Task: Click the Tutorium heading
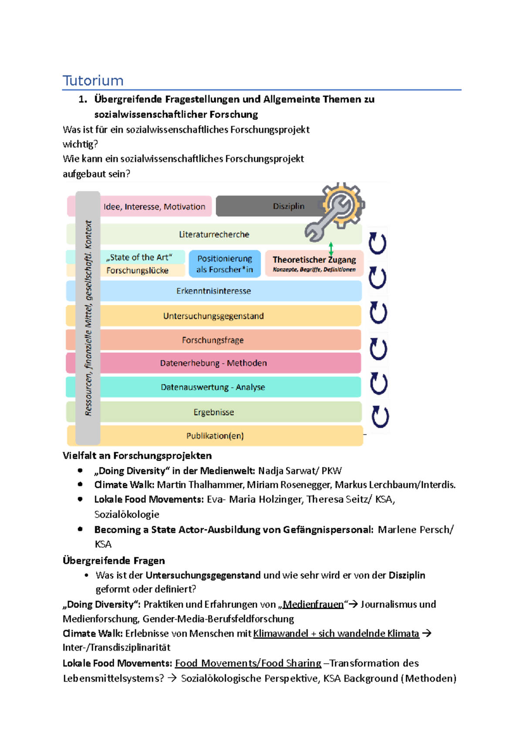(93, 81)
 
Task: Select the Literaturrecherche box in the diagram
(214, 234)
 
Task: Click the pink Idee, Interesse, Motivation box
(154, 207)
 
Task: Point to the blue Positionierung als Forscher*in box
(224, 264)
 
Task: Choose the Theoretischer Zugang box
(314, 264)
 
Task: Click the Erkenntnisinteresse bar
(214, 291)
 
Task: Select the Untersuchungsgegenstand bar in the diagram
(214, 316)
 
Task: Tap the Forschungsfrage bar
(213, 340)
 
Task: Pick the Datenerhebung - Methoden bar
(213, 363)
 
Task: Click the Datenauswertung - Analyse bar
(213, 387)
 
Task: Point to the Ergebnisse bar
(214, 412)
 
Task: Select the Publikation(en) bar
(215, 436)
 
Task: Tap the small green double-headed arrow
(331, 249)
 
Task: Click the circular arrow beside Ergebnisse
(380, 417)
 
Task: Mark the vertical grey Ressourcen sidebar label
(88, 318)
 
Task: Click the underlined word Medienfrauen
(313, 604)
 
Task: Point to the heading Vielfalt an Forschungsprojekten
(137, 456)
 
